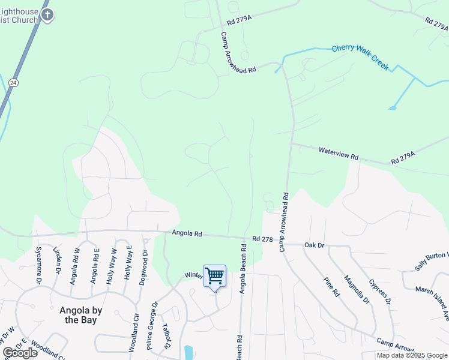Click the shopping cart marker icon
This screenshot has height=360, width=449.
coord(214,276)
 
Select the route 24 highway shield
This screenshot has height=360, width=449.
coord(13,82)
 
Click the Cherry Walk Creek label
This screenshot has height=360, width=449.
coord(360,55)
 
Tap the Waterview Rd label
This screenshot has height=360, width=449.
coord(339,154)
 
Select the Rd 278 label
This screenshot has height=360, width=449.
coord(263,239)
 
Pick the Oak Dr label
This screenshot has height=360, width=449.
coord(314,245)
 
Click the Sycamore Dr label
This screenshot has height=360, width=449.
coord(38,265)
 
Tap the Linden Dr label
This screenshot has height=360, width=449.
coord(58,260)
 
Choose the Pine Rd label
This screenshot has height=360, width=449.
coord(331,287)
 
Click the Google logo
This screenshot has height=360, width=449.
coord(20,353)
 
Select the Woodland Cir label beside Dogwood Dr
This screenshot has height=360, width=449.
coord(133,333)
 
